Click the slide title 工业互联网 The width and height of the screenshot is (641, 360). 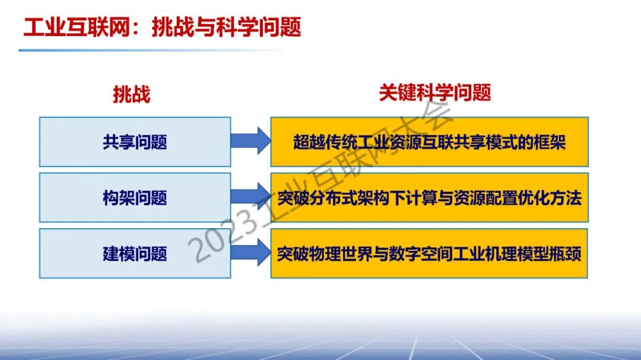77,27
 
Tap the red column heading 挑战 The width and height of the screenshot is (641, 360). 132,94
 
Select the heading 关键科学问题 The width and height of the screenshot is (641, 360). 435,93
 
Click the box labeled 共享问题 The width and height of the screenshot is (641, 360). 135,142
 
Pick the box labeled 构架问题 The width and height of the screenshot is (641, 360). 135,197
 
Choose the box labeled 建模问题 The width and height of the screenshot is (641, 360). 135,253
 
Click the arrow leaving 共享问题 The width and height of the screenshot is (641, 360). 250,141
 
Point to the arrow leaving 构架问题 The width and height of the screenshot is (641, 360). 250,196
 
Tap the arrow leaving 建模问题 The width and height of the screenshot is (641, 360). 250,253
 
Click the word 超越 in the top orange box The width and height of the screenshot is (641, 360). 308,142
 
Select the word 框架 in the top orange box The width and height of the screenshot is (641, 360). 551,142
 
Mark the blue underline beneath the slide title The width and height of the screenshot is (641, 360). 151,50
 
